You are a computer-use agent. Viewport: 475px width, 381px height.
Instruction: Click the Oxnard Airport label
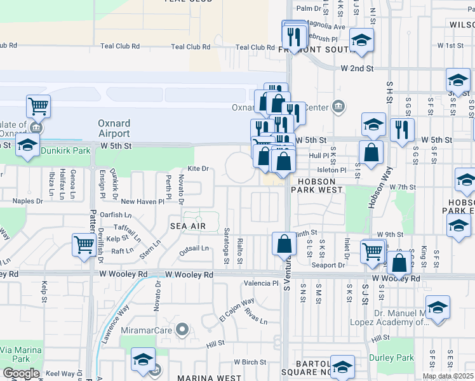pyautogui.click(x=114, y=128)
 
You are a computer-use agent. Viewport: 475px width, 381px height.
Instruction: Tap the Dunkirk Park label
pyautogui.click(x=66, y=151)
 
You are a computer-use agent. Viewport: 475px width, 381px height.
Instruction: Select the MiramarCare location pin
pyautogui.click(x=183, y=329)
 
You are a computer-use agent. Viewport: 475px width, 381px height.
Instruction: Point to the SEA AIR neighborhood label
pyautogui.click(x=187, y=226)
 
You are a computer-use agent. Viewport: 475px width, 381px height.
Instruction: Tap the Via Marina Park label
pyautogui.click(x=20, y=354)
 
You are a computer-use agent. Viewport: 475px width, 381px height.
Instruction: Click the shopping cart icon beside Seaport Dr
pyautogui.click(x=373, y=251)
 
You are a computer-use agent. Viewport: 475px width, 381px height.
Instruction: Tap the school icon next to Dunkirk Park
pyautogui.click(x=27, y=146)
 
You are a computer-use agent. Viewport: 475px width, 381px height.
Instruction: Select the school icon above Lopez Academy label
pyautogui.click(x=438, y=309)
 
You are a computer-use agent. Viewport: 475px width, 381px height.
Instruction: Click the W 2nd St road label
pyautogui.click(x=357, y=68)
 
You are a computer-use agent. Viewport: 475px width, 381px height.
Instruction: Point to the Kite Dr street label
pyautogui.click(x=197, y=168)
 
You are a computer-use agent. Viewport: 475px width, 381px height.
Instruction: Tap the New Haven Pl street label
pyautogui.click(x=142, y=201)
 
